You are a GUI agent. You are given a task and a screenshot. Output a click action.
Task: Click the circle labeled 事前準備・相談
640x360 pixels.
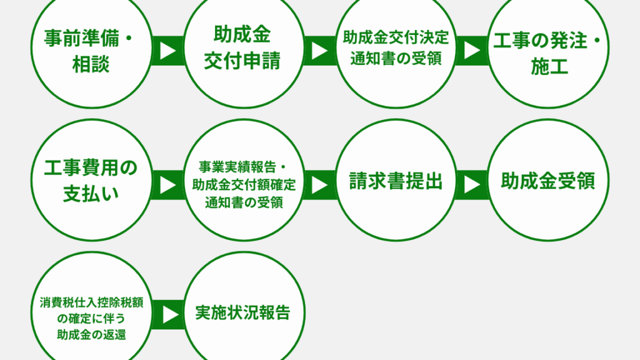[91, 48]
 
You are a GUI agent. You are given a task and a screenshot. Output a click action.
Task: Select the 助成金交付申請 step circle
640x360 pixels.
[244, 48]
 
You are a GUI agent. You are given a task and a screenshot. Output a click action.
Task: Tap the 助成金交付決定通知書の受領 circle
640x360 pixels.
[396, 48]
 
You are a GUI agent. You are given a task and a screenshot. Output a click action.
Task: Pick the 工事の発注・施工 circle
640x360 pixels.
[548, 48]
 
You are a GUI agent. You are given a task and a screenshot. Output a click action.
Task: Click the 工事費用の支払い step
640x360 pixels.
[91, 180]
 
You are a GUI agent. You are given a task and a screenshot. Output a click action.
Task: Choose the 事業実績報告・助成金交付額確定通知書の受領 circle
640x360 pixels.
[244, 180]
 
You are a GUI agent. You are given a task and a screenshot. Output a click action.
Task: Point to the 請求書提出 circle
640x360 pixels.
[396, 180]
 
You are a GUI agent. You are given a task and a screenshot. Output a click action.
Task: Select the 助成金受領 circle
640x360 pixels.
[548, 180]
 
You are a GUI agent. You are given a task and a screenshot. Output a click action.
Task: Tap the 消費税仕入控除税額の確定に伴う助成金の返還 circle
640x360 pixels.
[91, 312]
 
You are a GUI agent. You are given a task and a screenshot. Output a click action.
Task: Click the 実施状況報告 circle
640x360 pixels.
[244, 312]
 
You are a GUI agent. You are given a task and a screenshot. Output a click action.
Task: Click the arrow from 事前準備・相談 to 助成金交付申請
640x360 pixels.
[167, 51]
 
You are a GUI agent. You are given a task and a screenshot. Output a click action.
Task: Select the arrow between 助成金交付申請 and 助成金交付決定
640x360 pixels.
[320, 51]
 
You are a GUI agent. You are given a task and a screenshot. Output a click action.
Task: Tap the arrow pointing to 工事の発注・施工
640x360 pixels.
[472, 51]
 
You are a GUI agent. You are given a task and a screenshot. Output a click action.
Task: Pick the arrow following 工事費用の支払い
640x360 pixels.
[167, 185]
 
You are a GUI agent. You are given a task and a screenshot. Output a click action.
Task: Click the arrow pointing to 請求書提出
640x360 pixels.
[320, 185]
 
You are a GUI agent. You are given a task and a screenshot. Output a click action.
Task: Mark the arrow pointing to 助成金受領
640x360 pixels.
[472, 185]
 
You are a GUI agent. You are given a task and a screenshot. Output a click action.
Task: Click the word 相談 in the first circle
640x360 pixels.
[91, 64]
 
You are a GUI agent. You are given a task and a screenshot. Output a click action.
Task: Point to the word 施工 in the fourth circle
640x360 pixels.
[549, 66]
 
